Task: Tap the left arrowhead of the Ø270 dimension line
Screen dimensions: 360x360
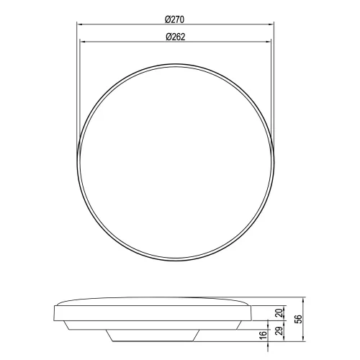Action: tap(78, 25)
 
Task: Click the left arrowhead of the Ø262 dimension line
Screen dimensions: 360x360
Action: tap(81, 42)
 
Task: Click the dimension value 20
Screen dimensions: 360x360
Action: tap(279, 314)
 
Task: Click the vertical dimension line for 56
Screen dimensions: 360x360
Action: tap(303, 318)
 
